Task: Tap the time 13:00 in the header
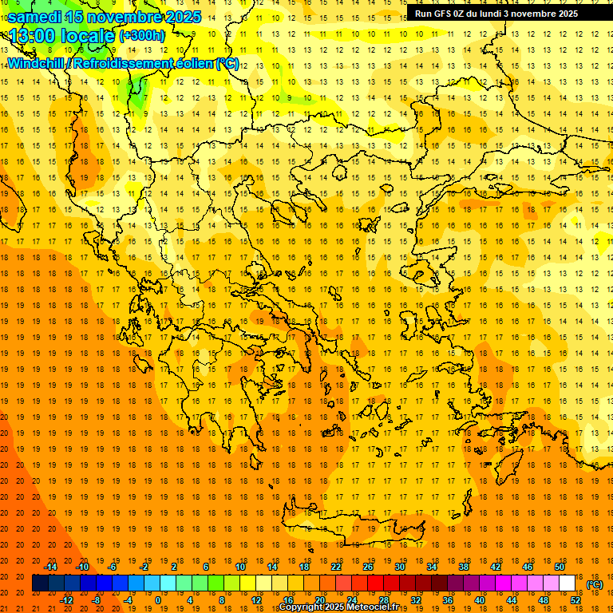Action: (x=34, y=36)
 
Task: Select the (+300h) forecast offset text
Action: (x=142, y=36)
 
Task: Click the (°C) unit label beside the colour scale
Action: (x=595, y=584)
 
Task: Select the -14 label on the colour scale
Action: (x=51, y=567)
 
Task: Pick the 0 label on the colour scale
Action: (x=158, y=600)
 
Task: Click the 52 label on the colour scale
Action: (x=575, y=600)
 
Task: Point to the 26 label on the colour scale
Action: (x=368, y=567)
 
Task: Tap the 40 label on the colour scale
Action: (x=480, y=600)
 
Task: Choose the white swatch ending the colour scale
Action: (x=568, y=583)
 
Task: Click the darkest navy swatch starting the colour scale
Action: (x=40, y=583)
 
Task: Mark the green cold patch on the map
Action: (x=138, y=92)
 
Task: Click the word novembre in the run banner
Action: (x=531, y=14)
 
